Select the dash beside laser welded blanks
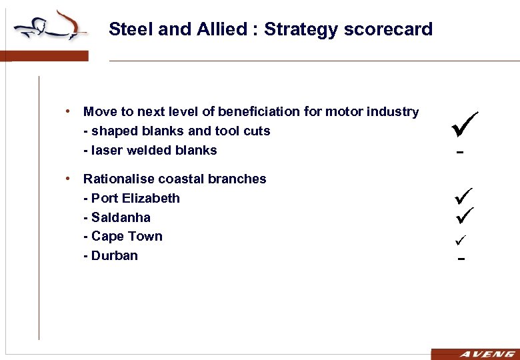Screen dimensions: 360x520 [x=459, y=153]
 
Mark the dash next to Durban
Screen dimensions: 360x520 [x=460, y=257]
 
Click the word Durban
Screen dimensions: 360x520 [x=115, y=255]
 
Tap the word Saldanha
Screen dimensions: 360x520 [x=121, y=217]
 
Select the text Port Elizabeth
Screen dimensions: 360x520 [x=135, y=198]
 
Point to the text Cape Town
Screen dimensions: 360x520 [x=127, y=236]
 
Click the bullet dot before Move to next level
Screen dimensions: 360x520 [x=69, y=111]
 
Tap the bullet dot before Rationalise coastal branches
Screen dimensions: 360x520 [x=69, y=179]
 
